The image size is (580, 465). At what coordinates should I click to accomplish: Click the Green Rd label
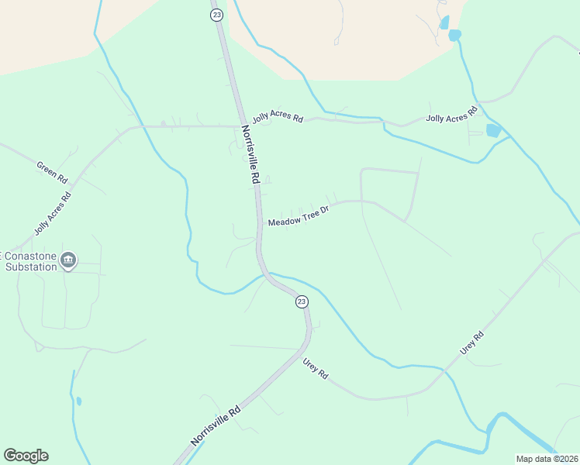click(x=52, y=170)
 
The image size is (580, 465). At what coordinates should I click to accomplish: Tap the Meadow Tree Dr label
click(x=299, y=216)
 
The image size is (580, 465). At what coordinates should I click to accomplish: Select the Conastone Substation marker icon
click(x=68, y=259)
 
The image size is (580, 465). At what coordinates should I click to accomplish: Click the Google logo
click(x=26, y=456)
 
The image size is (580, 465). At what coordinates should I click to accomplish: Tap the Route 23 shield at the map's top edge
click(x=216, y=15)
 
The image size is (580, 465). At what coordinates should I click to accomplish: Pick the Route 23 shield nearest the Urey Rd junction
click(x=302, y=301)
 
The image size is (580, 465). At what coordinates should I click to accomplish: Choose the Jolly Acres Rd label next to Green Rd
click(x=53, y=212)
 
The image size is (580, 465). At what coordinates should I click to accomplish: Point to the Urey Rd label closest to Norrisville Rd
click(x=316, y=367)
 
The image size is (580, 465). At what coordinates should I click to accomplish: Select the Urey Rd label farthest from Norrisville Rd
click(x=471, y=343)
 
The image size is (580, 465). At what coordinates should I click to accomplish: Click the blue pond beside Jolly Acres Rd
click(x=493, y=130)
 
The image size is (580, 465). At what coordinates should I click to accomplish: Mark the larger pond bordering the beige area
click(x=454, y=35)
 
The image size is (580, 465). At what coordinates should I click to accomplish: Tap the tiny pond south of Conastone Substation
click(x=78, y=401)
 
